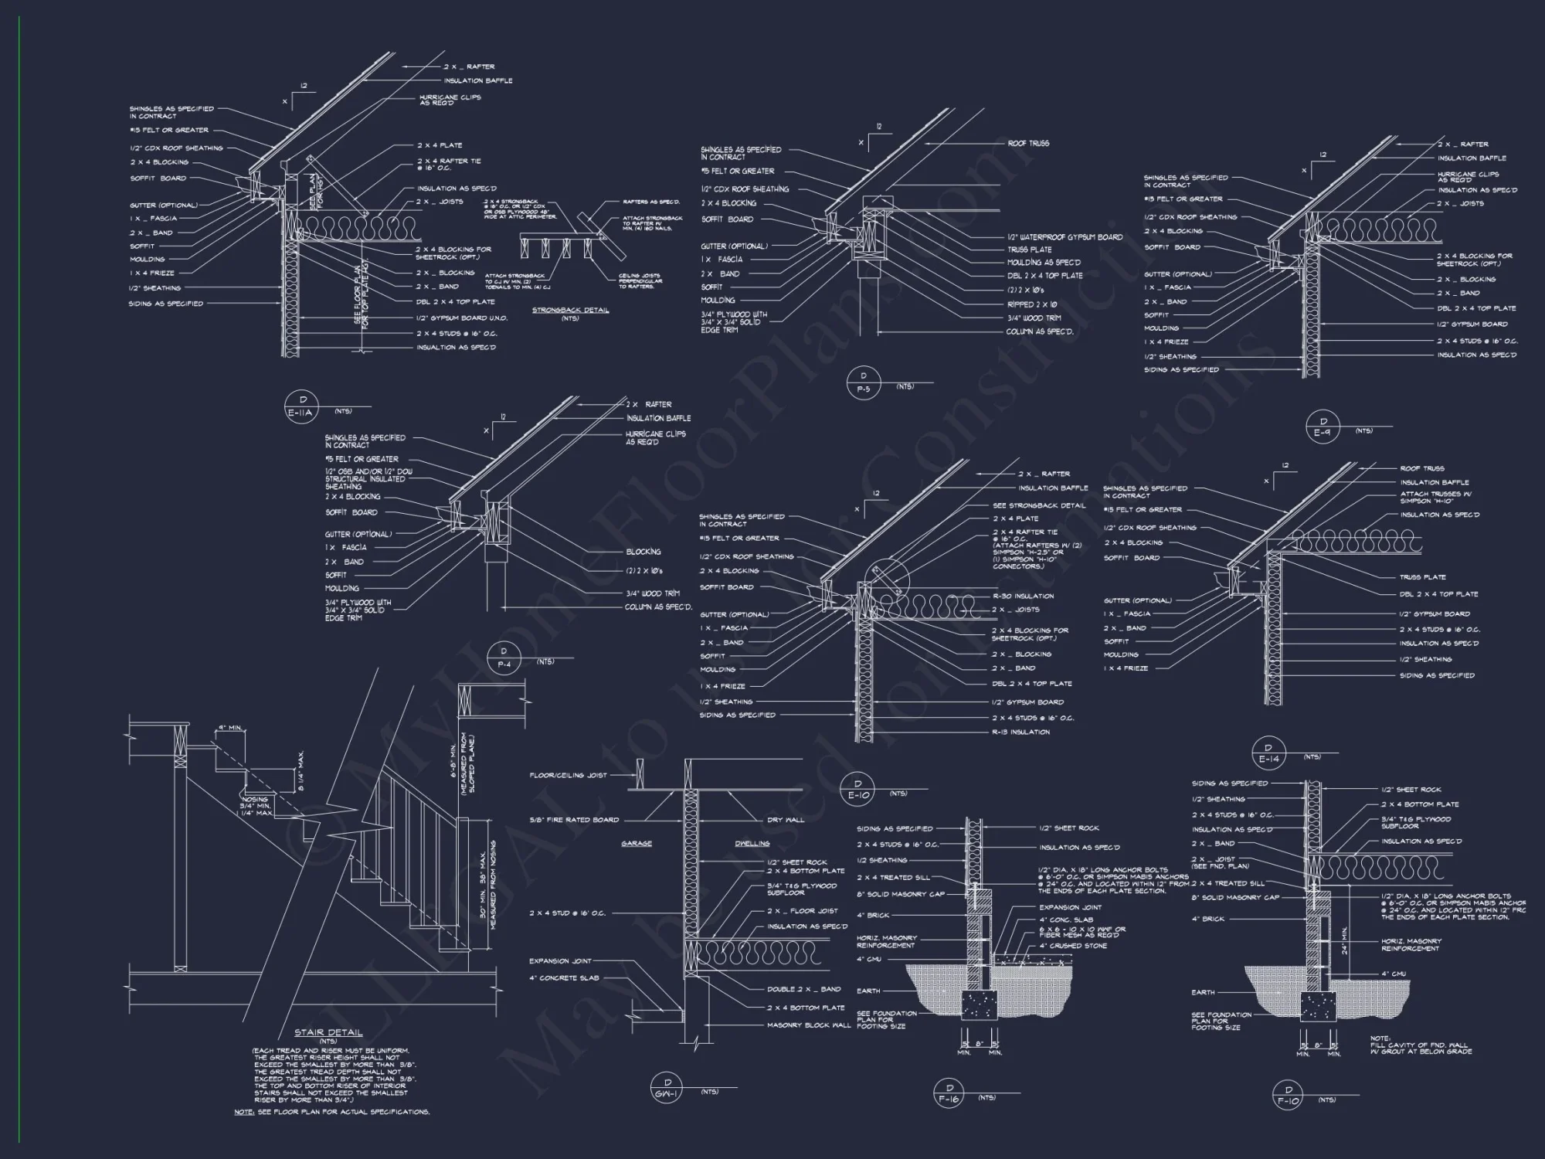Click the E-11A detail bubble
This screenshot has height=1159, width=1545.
(303, 406)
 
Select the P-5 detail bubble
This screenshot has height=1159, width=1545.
(864, 382)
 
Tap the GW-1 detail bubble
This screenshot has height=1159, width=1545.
(667, 1088)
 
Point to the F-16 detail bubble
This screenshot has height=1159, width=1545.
(949, 1094)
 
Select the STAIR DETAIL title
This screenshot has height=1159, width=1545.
(328, 1032)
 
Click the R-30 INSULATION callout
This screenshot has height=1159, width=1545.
(1023, 596)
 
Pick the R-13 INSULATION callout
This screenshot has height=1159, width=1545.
(1020, 732)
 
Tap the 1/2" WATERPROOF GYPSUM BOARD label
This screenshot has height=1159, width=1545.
(1065, 237)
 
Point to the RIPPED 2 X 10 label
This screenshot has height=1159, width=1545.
(1032, 304)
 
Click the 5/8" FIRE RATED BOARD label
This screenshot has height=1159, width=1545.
(574, 820)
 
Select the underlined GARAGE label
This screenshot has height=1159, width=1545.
(637, 844)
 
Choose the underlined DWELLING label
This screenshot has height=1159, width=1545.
(752, 844)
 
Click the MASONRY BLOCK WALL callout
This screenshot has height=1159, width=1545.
(809, 1025)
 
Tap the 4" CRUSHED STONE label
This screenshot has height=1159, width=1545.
(1073, 946)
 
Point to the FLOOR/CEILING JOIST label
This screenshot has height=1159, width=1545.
(568, 775)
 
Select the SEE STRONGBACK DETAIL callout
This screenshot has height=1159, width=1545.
(1039, 505)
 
